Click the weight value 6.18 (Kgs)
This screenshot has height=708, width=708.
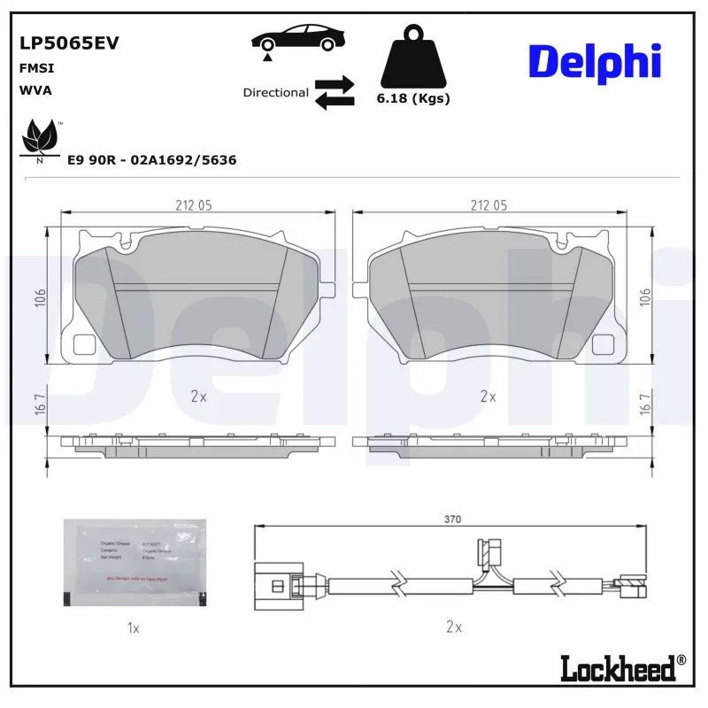[x=413, y=98]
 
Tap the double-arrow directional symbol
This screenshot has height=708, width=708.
[x=335, y=92]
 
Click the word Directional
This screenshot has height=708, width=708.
[x=275, y=93]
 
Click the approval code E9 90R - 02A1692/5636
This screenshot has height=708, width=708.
[x=152, y=160]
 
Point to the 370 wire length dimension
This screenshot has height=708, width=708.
[x=452, y=520]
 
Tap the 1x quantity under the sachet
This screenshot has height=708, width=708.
[x=134, y=627]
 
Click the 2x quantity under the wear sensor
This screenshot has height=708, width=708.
[x=454, y=627]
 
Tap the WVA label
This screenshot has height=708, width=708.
[x=35, y=89]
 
